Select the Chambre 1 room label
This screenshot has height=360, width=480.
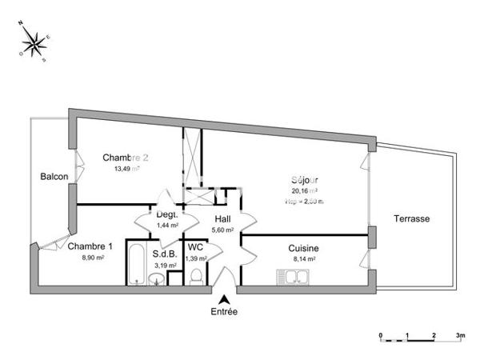pos(90,246)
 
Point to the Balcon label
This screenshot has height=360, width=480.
pos(54,177)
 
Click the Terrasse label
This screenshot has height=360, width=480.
pos(412,218)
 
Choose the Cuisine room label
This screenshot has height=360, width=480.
pos(304,248)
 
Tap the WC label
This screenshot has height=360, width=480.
pos(196,247)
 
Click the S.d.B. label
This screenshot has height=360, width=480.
pos(165,253)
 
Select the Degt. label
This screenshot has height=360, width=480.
pos(166,215)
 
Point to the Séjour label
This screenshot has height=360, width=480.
pos(304,181)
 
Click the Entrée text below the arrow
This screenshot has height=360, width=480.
pos(224,312)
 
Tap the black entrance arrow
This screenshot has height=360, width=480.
pos(224,298)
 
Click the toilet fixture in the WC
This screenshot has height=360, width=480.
pos(195,276)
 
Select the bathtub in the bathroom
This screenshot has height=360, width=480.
pos(137,264)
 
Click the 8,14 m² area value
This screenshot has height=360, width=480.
pos(304,259)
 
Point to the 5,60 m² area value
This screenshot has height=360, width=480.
pos(222,230)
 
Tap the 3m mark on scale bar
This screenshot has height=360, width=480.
pos(460,334)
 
